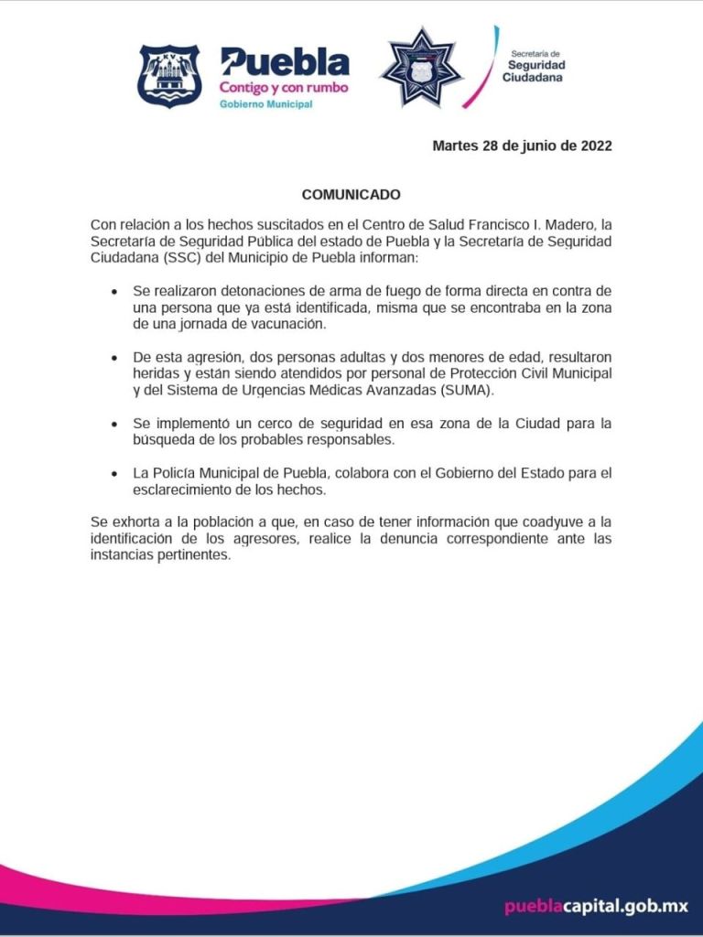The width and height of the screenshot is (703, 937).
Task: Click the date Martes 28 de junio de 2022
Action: (x=522, y=145)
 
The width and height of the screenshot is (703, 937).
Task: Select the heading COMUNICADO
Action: (x=351, y=195)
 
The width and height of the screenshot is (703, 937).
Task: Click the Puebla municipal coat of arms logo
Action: (x=169, y=77)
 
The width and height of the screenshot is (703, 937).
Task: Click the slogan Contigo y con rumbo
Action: (x=283, y=88)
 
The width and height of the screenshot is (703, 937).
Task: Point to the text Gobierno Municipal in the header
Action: (x=265, y=105)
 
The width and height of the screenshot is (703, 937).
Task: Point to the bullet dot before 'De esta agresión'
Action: (x=114, y=358)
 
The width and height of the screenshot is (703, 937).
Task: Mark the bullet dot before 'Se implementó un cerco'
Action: (x=114, y=425)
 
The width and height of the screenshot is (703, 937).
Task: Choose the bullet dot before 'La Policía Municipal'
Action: (x=114, y=474)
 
